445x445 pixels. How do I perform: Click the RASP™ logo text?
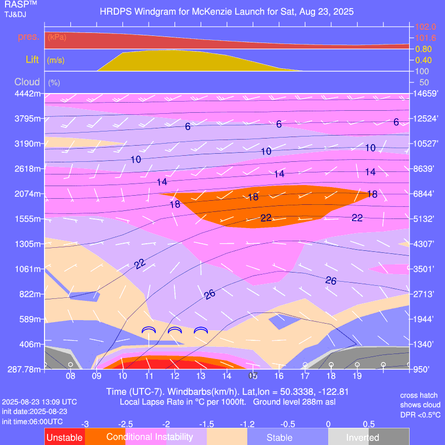(15, 5)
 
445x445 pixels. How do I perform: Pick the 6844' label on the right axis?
(425, 194)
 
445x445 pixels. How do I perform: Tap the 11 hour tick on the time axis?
(149, 376)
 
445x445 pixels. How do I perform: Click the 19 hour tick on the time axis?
(357, 376)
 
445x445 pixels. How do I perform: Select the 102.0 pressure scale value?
(425, 27)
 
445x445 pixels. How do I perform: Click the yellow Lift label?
(32, 60)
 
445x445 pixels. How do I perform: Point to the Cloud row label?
(27, 82)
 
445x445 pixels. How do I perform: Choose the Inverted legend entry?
(363, 437)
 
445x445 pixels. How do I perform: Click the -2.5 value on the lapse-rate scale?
(126, 424)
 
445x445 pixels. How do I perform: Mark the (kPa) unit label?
(57, 37)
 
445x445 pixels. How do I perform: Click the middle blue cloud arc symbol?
(174, 330)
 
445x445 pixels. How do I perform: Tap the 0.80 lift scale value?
(423, 49)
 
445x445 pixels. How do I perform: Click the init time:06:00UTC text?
(32, 421)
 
